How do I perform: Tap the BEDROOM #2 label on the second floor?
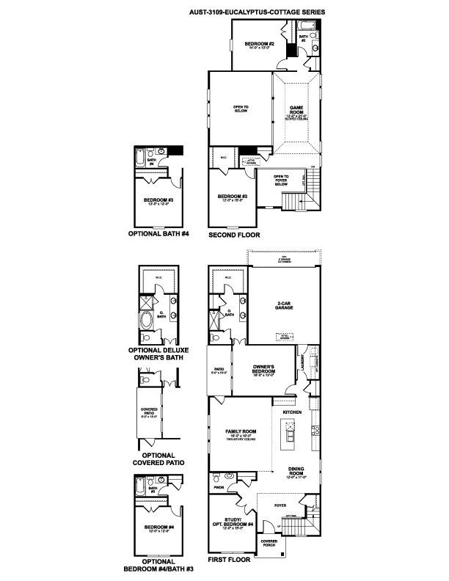261,46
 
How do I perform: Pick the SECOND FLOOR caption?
234,235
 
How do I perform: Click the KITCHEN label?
292,413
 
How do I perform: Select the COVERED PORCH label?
270,544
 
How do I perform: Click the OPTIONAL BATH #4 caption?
159,235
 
